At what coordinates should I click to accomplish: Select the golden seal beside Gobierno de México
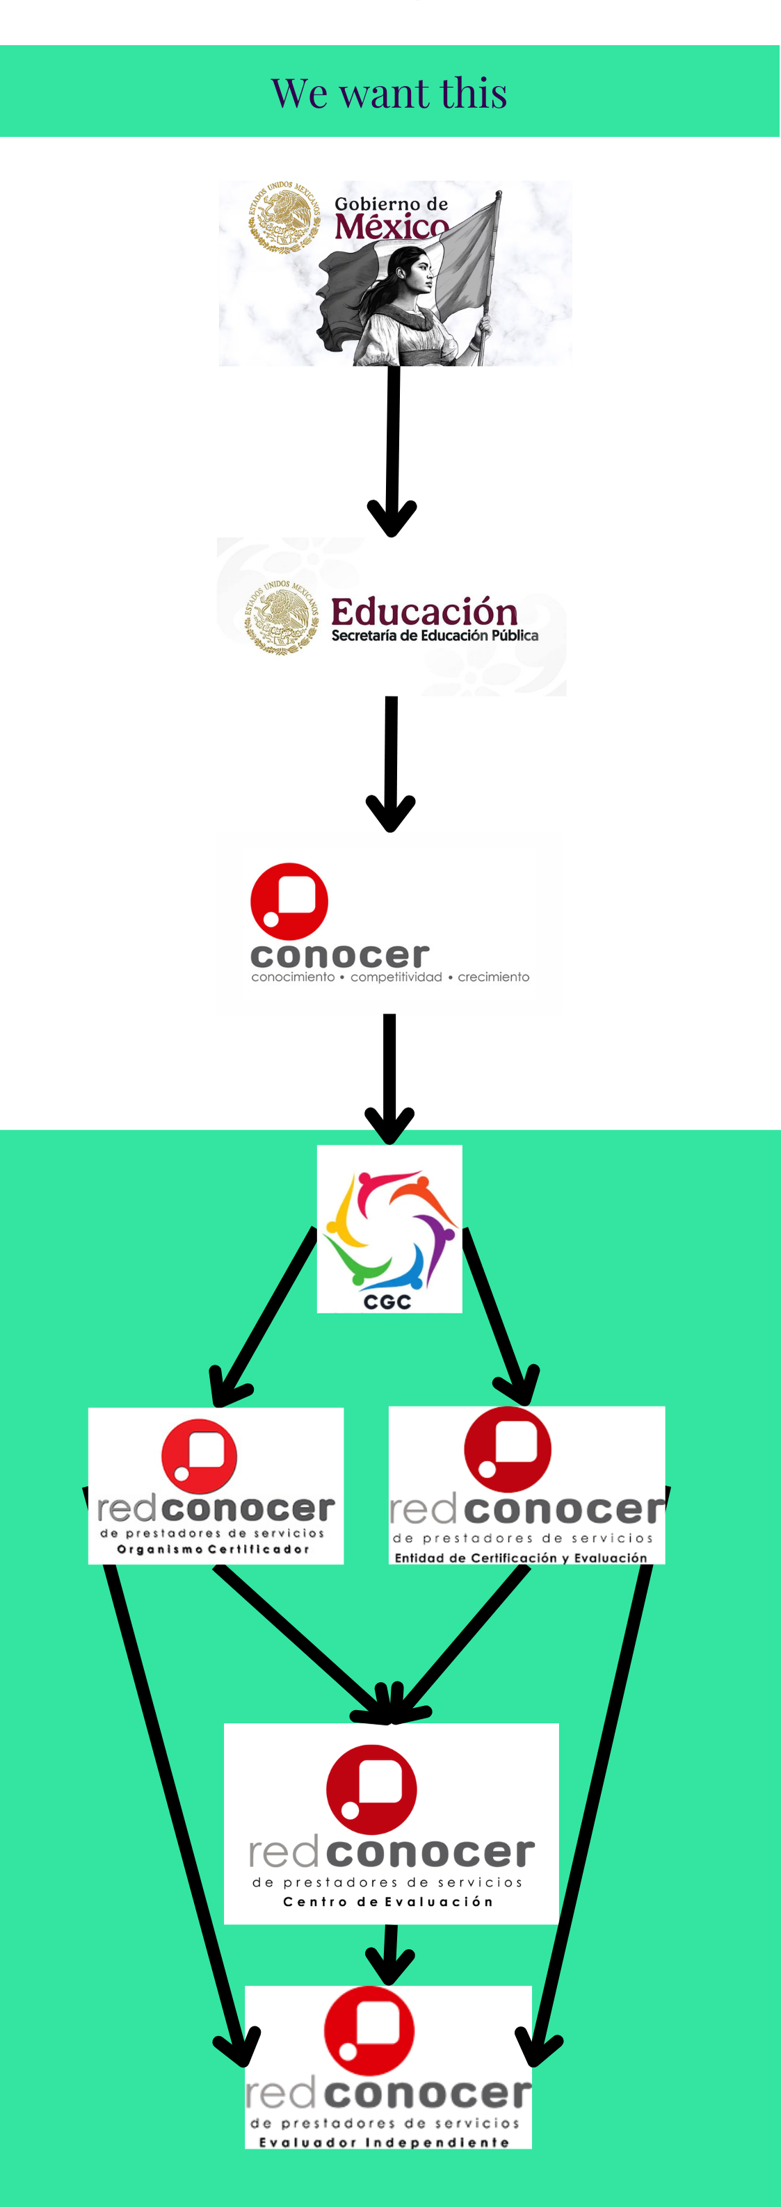pos(284,216)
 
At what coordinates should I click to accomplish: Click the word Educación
pos(424,612)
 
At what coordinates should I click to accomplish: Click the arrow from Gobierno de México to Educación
pos(393,446)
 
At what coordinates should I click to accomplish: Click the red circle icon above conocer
pos(289,900)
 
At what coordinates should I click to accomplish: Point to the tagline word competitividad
pos(396,977)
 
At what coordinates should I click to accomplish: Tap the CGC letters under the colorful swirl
pos(387,1302)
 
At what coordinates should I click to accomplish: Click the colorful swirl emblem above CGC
pos(390,1230)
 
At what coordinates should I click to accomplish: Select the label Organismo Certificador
pos(213,1549)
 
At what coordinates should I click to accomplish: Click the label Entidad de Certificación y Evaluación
pos(520,1558)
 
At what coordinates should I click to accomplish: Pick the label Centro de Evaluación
pos(388,1902)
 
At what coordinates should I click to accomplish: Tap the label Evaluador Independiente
pos(384,2142)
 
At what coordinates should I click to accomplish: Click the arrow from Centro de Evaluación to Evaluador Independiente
pos(390,1953)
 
